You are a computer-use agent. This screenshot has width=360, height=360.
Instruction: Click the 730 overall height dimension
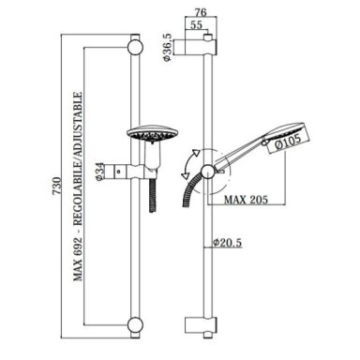[x=56, y=186]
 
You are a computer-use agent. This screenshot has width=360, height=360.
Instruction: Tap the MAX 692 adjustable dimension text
[x=78, y=187]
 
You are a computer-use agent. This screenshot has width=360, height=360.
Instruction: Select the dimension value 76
[x=201, y=12]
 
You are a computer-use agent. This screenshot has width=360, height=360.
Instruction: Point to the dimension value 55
[x=196, y=24]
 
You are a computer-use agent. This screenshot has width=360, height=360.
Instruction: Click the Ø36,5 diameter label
[x=168, y=47]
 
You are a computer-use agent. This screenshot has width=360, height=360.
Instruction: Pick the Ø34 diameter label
[x=99, y=172]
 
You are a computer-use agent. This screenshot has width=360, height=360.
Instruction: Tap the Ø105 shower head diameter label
[x=288, y=142]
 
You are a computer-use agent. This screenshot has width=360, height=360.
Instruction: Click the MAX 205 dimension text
[x=246, y=200]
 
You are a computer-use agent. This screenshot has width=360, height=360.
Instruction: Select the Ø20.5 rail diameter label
[x=228, y=243]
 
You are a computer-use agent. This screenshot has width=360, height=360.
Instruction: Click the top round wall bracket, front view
[x=135, y=48]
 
